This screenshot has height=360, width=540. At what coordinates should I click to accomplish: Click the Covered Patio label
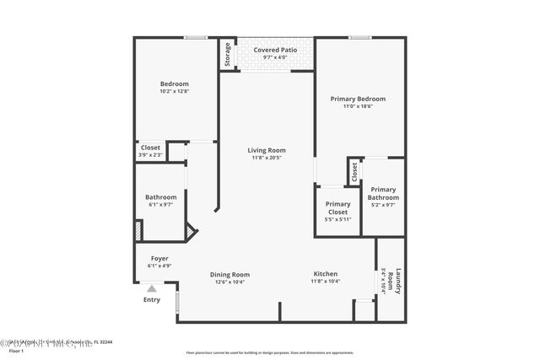tap(266, 51)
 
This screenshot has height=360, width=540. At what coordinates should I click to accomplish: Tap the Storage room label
tap(227, 55)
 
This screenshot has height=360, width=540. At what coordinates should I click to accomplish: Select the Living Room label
tap(266, 150)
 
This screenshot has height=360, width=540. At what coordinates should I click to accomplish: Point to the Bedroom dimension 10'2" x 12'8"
tap(175, 92)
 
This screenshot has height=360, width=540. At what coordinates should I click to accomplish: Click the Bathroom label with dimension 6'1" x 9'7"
tap(160, 197)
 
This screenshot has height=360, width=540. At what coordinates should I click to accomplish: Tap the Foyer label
tap(159, 258)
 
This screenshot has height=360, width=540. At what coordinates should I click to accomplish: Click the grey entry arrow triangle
tap(152, 288)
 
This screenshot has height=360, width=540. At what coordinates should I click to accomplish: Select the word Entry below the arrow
tap(152, 300)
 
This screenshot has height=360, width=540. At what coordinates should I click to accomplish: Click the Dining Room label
tap(229, 274)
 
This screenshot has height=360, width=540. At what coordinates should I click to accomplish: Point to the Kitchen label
tap(326, 274)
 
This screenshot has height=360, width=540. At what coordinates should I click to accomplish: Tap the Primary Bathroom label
tap(383, 193)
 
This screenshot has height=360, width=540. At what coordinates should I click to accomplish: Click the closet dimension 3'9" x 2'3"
tap(150, 155)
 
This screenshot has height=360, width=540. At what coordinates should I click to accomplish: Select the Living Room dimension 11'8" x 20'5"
tap(266, 158)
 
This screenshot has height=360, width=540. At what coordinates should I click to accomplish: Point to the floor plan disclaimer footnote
tap(270, 352)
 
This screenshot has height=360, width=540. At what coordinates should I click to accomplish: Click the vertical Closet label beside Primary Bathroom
tap(354, 171)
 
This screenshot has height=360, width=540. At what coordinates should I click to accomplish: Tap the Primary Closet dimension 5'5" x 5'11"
tap(338, 219)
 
